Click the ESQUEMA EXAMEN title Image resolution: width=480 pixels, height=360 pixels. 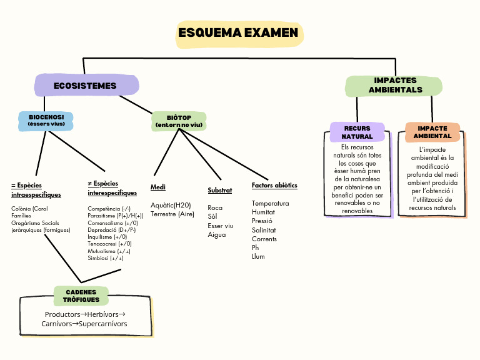pos(239,33)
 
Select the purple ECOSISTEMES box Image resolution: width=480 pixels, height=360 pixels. pos(86,86)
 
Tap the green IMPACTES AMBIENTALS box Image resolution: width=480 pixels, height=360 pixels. pos(395,86)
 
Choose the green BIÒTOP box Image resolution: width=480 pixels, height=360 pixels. pos(179,121)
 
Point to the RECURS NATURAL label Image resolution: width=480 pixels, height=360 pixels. pos(357,132)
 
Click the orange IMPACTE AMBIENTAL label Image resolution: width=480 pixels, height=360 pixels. pos(432,132)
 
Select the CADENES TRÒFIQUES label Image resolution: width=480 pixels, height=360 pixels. pos(81,296)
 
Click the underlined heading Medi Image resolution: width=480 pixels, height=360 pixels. pos(158,187)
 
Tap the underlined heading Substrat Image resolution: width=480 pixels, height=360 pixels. pos(220,190)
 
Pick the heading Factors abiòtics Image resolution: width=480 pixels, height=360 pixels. pos(274,186)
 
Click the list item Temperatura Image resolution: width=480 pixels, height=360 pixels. pos(270,204)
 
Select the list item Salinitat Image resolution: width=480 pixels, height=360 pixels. pos(265,230)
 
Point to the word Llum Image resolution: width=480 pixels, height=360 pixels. pos(258,256)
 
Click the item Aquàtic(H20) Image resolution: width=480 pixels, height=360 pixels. pos(171,205)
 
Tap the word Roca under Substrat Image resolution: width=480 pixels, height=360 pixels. pos(215,207)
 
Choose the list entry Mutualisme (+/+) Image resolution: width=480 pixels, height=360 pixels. pos(109,251)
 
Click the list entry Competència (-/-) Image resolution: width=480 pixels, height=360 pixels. pos(109,209)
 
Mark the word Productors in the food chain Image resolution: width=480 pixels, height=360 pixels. pos(62,314)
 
